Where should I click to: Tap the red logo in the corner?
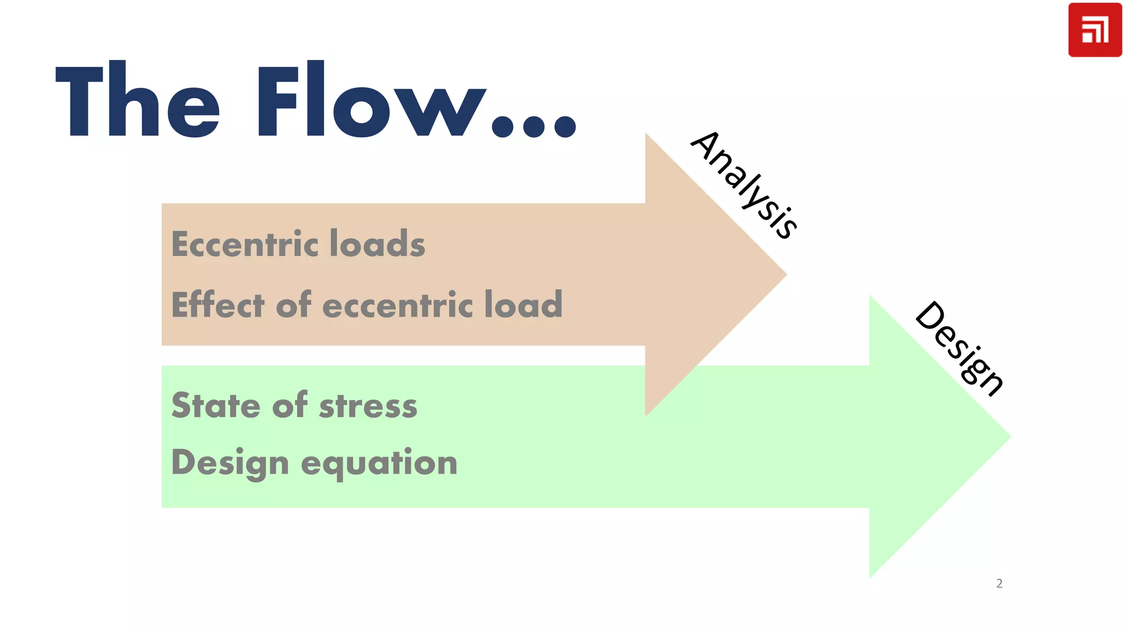click(x=1094, y=30)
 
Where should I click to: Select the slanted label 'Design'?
click(x=959, y=348)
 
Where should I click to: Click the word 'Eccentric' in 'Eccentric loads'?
click(x=245, y=244)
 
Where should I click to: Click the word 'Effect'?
click(x=218, y=305)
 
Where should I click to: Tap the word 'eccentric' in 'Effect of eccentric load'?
click(x=397, y=306)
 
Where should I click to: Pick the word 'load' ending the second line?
click(x=523, y=305)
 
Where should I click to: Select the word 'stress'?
click(x=368, y=407)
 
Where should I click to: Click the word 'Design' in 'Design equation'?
click(x=230, y=463)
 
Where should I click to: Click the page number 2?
click(x=999, y=584)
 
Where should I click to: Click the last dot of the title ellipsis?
click(x=565, y=126)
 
